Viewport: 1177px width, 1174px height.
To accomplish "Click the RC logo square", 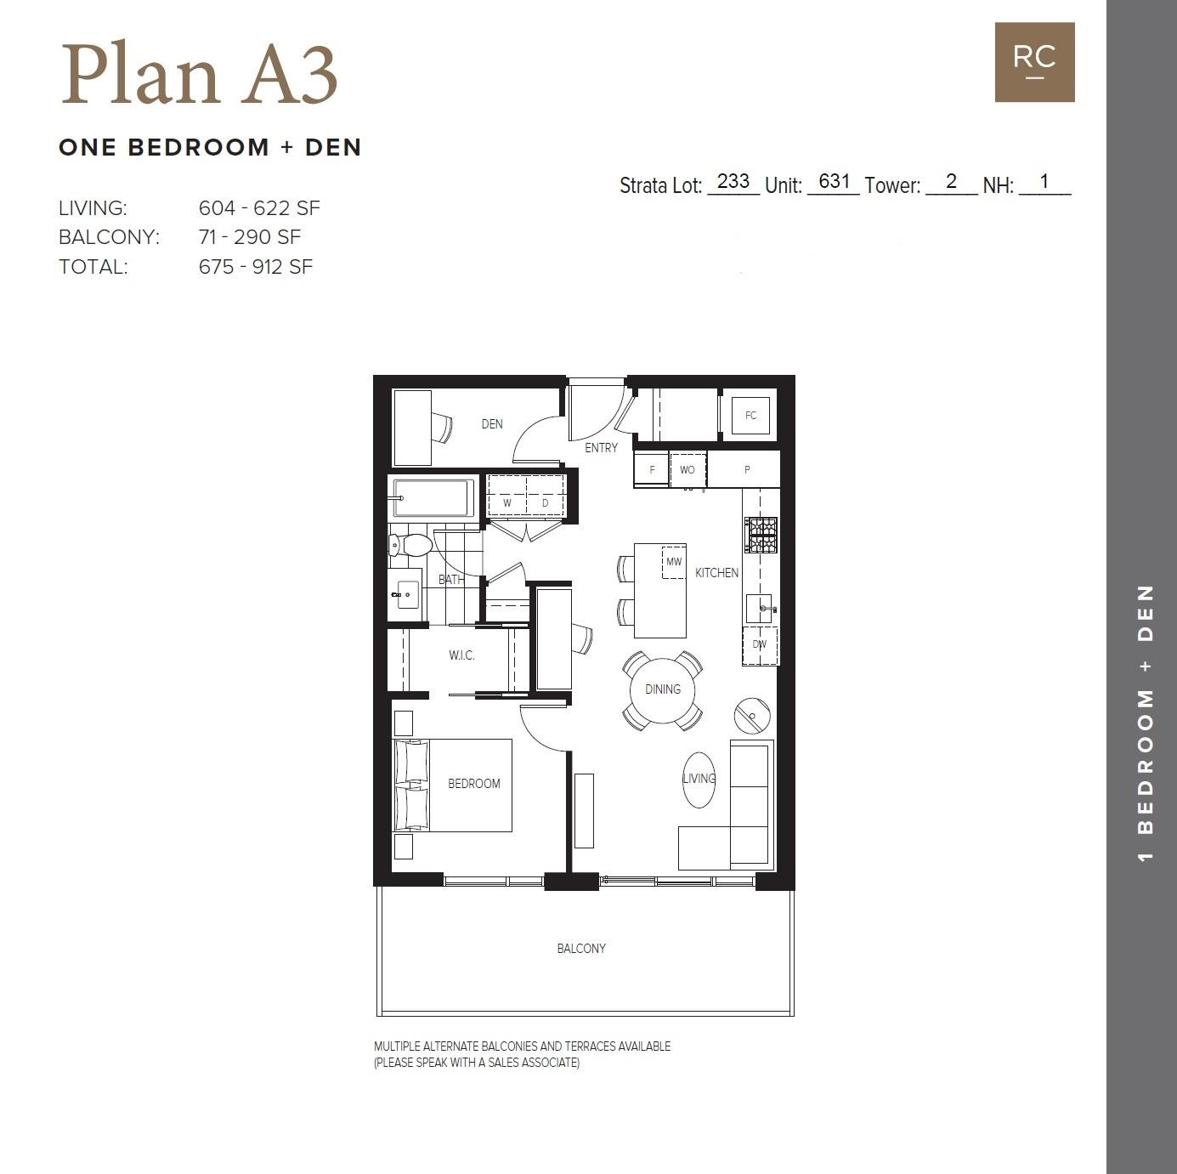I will coord(1034,62).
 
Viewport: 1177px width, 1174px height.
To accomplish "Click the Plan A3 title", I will coord(199,75).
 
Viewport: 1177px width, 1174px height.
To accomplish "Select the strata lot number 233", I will coord(733,181).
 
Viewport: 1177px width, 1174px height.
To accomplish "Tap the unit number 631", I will coord(834,181).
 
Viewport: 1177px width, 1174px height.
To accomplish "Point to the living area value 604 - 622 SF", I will coord(259,208).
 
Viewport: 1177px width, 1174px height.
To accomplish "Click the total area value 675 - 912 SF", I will coord(256,267).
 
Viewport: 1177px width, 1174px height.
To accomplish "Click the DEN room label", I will coord(492,423).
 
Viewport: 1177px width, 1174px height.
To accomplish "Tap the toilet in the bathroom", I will coord(410,545).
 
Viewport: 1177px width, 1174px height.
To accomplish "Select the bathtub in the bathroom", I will coord(433,499).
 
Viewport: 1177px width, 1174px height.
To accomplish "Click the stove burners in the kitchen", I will coord(761,535).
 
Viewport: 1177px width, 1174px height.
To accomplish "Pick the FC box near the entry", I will coord(750,416).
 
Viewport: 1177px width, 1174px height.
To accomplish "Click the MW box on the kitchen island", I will coord(674,562).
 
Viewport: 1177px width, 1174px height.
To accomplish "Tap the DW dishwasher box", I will coord(760,645).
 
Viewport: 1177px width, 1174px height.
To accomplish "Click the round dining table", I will coord(662,689).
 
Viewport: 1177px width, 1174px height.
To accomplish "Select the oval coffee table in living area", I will coord(699,780).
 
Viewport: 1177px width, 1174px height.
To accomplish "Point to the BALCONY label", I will coord(581,949).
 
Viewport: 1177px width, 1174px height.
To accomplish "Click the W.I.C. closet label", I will coord(461,655).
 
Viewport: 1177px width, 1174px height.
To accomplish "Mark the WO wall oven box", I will coord(688,469).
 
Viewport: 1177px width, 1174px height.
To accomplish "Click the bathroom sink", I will coord(407,594).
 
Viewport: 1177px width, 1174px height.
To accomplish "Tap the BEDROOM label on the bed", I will coord(473,784).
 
